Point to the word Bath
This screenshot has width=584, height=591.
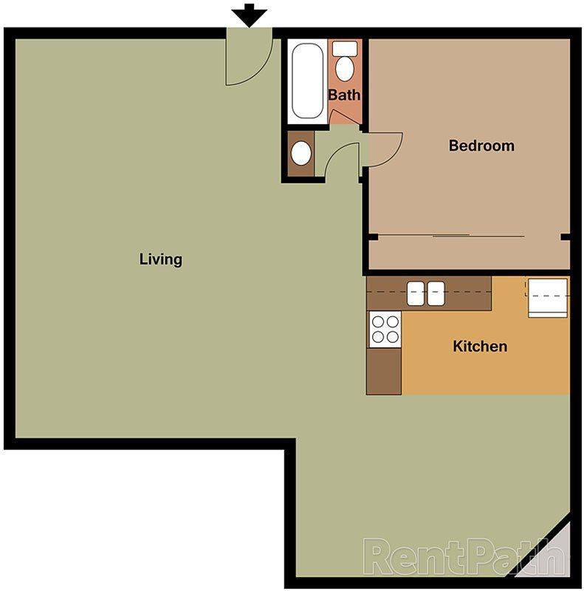tap(344, 95)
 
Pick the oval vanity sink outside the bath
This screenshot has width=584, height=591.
tap(300, 154)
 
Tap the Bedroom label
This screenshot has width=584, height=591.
tap(481, 146)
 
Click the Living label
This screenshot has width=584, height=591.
tap(160, 259)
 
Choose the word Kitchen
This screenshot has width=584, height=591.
tap(480, 346)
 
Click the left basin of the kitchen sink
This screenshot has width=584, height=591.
tap(416, 293)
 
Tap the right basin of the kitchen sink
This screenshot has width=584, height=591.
tap(436, 293)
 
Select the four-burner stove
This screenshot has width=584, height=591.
tap(384, 329)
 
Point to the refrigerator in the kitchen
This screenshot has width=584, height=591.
tap(547, 298)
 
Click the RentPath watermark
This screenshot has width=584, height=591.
tap(461, 556)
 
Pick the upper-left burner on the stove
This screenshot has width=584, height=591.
tap(377, 321)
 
